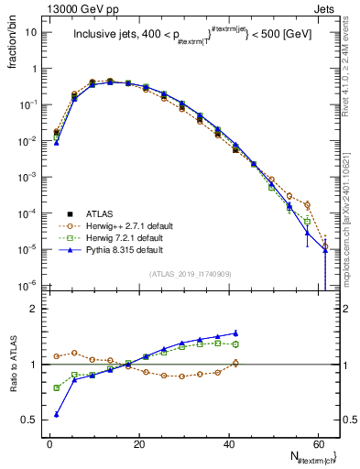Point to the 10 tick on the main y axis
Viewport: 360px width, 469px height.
31,32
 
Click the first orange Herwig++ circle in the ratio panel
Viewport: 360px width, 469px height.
57,355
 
